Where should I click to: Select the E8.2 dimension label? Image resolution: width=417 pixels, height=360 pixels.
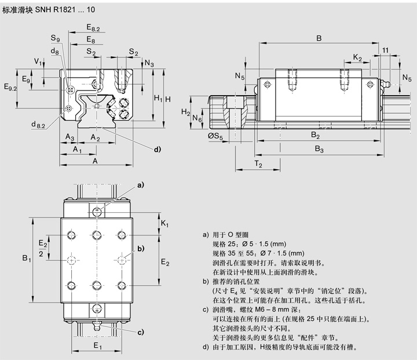tap(93, 28)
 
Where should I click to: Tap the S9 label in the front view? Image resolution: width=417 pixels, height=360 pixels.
tap(56, 38)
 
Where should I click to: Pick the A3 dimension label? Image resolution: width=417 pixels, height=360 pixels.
tap(69, 137)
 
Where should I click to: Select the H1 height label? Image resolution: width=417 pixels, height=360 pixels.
tap(158, 99)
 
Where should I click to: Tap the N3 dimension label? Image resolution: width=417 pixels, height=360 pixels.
tap(149, 63)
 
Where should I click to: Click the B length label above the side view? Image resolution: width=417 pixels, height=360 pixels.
tap(319, 38)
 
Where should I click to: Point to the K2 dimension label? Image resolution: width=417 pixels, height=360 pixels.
tap(357, 59)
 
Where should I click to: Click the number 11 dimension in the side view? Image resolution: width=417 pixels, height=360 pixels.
tap(385, 51)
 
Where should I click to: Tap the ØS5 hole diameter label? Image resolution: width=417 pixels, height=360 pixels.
tap(215, 137)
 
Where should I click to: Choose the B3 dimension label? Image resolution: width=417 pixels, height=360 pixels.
tap(319, 150)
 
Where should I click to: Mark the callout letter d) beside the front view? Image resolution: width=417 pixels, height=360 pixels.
tap(157, 150)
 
